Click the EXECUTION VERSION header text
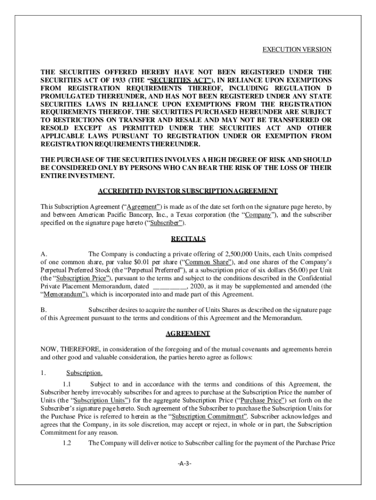coord(297,50)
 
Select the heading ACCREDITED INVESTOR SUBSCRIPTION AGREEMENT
coord(188,191)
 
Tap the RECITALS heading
coord(188,239)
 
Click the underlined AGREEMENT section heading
coord(188,333)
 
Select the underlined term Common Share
coord(202,262)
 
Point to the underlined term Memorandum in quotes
coord(63,294)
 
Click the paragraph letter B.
coord(43,310)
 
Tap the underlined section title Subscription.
coord(84,373)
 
